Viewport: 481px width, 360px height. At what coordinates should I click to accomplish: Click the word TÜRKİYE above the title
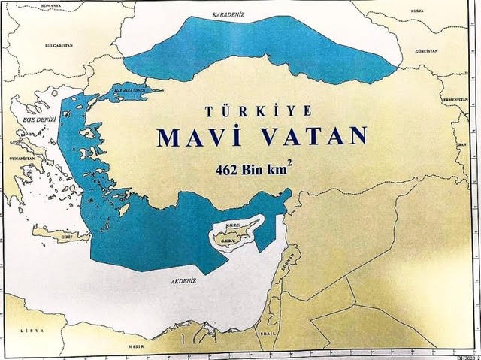coord(259,111)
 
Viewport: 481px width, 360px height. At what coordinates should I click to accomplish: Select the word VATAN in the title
coord(311,136)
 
